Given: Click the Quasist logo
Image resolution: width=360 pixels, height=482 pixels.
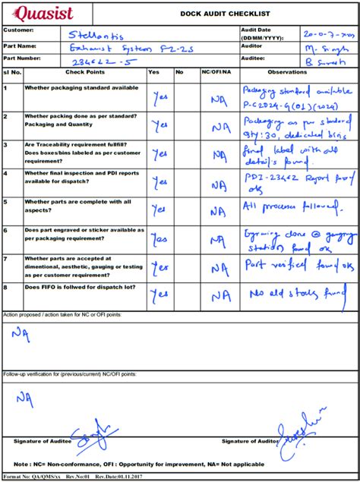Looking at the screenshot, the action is pyautogui.click(x=45, y=13).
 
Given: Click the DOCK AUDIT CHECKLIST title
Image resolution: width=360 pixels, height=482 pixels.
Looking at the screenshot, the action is pyautogui.click(x=225, y=14).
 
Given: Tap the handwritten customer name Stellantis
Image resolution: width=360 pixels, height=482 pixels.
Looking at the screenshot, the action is pyautogui.click(x=95, y=34).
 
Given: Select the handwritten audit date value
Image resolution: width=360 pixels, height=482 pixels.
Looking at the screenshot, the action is pyautogui.click(x=328, y=34).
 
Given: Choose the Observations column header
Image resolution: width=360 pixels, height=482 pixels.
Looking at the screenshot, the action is pyautogui.click(x=298, y=72).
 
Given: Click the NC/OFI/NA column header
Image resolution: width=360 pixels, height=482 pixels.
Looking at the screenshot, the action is pyautogui.click(x=219, y=72).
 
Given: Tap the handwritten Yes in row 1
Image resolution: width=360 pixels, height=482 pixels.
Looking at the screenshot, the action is pyautogui.click(x=160, y=97).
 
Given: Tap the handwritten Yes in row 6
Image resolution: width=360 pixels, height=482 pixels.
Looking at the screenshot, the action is pyautogui.click(x=159, y=239).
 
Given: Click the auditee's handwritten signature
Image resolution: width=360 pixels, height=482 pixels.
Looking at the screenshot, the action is pyautogui.click(x=95, y=433).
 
